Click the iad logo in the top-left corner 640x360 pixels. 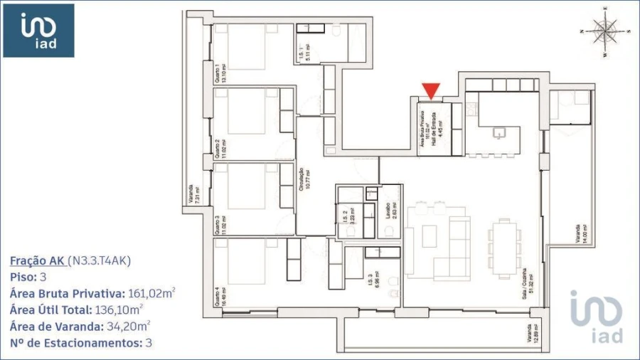[38, 31]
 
